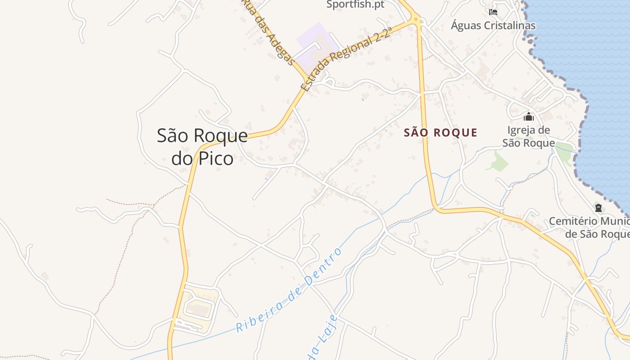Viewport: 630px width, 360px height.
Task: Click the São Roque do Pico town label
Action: point(202,147)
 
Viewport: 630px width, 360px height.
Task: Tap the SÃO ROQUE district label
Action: point(441,133)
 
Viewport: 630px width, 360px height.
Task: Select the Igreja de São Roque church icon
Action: point(528,117)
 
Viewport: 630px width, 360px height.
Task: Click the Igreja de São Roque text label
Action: point(528,137)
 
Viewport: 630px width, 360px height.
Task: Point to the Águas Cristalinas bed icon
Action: point(493,12)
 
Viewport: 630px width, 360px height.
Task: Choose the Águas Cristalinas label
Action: point(493,26)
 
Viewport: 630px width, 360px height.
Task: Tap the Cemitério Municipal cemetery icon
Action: point(598,208)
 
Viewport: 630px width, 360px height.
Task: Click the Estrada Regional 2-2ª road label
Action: point(346,59)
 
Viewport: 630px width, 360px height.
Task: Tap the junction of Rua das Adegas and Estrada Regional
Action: point(307,79)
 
